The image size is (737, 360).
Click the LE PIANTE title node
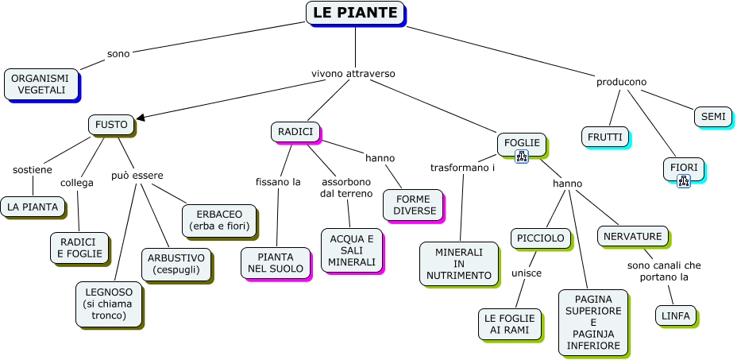pyautogui.click(x=355, y=13)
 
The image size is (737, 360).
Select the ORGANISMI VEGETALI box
pyautogui.click(x=41, y=83)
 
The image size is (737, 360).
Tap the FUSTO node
pyautogui.click(x=111, y=125)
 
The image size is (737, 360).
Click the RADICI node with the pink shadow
pyautogui.click(x=295, y=131)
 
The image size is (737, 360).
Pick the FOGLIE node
pyautogui.click(x=522, y=143)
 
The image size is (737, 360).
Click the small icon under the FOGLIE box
pyautogui.click(x=522, y=157)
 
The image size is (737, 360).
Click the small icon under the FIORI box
pyautogui.click(x=683, y=181)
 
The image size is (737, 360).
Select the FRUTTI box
pyautogui.click(x=604, y=137)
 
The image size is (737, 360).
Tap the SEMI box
pyautogui.click(x=712, y=116)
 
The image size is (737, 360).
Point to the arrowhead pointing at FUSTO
pyautogui.click(x=141, y=118)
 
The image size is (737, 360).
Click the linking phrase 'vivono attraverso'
pyautogui.click(x=353, y=73)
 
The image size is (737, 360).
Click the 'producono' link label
pyautogui.click(x=621, y=82)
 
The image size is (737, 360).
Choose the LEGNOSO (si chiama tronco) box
pyautogui.click(x=110, y=304)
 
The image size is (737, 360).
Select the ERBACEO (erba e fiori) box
pyautogui.click(x=219, y=220)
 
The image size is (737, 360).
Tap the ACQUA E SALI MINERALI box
pyautogui.click(x=350, y=250)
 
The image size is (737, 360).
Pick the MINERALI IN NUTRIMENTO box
pyautogui.click(x=459, y=263)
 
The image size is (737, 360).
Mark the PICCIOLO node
pyautogui.click(x=540, y=238)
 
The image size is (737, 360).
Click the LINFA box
pyautogui.click(x=677, y=315)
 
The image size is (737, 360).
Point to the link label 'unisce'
pyautogui.click(x=526, y=273)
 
